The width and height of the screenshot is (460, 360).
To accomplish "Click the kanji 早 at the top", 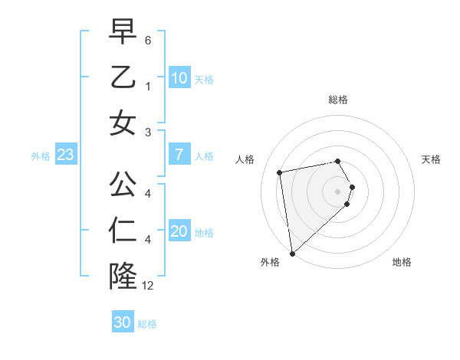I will click(123, 33).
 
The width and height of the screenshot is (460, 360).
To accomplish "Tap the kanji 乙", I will click(123, 77).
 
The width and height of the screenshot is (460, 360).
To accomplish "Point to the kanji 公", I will click(123, 184).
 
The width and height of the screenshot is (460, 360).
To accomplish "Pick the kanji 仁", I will click(123, 231).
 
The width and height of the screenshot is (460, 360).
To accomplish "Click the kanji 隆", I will click(123, 275).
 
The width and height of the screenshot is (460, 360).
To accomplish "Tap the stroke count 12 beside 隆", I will click(148, 286).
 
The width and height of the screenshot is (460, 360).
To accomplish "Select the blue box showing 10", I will click(179, 78).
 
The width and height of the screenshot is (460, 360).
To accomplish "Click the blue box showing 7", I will click(179, 155).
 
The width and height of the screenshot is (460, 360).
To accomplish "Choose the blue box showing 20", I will click(179, 232).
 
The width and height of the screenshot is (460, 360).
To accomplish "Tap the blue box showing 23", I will click(65, 155).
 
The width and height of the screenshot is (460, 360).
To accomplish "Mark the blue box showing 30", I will click(122, 322).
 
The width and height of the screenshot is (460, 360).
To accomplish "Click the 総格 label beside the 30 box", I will click(147, 324).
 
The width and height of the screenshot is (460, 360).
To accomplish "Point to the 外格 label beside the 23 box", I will click(41, 156).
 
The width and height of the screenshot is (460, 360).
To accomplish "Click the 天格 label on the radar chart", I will click(432, 159).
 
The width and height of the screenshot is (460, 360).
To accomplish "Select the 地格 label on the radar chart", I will click(402, 262).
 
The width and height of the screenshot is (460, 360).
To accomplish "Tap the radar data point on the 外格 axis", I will click(292, 253).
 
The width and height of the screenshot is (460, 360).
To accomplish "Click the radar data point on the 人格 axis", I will click(280, 172).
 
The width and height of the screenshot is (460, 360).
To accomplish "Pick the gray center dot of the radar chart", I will click(338, 190).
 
